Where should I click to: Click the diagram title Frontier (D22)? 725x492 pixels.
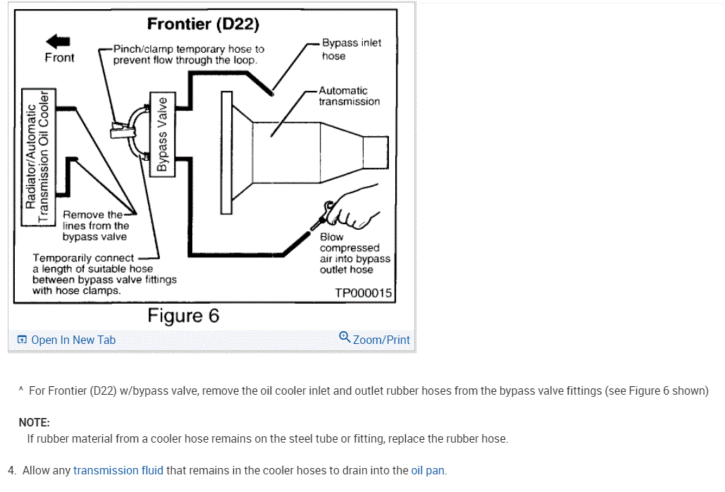pyautogui.click(x=203, y=25)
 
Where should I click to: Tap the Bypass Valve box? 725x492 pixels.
pyautogui.click(x=162, y=133)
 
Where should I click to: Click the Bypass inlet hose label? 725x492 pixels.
pyautogui.click(x=351, y=49)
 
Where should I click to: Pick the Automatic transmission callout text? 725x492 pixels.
pyautogui.click(x=348, y=96)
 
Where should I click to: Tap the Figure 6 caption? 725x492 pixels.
pyautogui.click(x=183, y=316)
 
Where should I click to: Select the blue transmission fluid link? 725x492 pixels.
pyautogui.click(x=118, y=470)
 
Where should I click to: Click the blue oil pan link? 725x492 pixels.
pyautogui.click(x=428, y=470)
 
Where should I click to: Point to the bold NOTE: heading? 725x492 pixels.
pyautogui.click(x=35, y=422)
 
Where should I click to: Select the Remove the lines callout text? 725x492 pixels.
pyautogui.click(x=95, y=226)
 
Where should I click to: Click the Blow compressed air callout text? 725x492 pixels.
pyautogui.click(x=354, y=253)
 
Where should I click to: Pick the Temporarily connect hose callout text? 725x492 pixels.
pyautogui.click(x=104, y=274)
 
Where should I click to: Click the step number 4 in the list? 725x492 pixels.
pyautogui.click(x=12, y=470)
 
